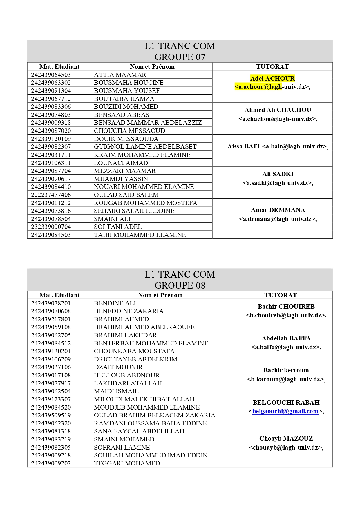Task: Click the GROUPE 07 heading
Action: pos(180,57)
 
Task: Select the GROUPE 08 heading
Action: pos(180,285)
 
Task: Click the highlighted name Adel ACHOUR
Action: pos(272,78)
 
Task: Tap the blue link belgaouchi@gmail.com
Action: pos(285,411)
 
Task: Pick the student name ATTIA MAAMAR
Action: pos(120,75)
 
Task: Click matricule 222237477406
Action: pos(51,195)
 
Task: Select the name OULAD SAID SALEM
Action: pos(126,195)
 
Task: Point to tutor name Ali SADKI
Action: pos(278,174)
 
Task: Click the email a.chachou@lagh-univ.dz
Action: pos(278,119)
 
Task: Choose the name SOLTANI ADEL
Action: pos(118,227)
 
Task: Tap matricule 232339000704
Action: pos(51,227)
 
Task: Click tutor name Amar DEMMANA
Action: pos(278,210)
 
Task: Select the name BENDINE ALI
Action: pos(115,303)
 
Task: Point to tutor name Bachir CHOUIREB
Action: pos(286,307)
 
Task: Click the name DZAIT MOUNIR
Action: pos(118,367)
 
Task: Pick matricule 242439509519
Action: pos(51,415)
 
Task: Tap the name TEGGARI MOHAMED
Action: pos(127,463)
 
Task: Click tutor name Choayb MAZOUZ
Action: pos(286,439)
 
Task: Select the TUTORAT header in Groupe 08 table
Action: pos(281,295)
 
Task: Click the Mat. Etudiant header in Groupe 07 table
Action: pos(59,66)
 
